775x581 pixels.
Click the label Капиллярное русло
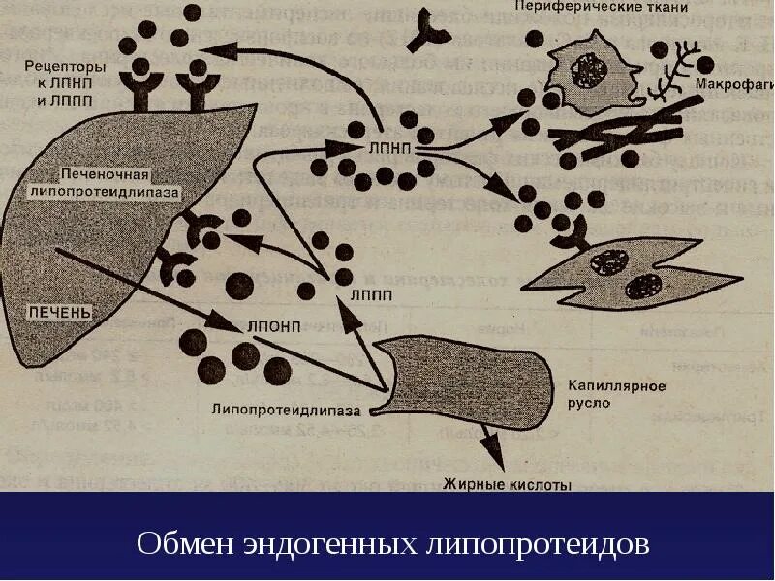click(615, 393)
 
